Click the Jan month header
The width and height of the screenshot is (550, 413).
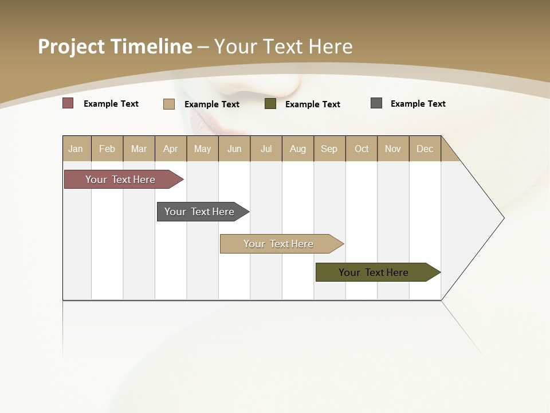[76, 149]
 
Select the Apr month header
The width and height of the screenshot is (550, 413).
[170, 149]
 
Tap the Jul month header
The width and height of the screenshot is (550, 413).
[266, 149]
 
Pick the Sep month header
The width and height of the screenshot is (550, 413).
[329, 149]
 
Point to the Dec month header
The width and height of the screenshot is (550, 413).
[425, 149]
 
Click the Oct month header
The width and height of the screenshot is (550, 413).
[361, 149]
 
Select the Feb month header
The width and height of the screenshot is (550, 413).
[107, 149]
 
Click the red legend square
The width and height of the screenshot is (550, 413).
[68, 103]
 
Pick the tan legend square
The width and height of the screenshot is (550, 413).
[168, 104]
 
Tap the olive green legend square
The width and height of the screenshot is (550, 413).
[270, 104]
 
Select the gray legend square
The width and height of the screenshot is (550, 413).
[376, 103]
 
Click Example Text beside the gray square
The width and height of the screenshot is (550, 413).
[418, 104]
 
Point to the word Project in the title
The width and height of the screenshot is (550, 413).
[71, 46]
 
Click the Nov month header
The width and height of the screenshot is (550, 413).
[392, 149]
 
